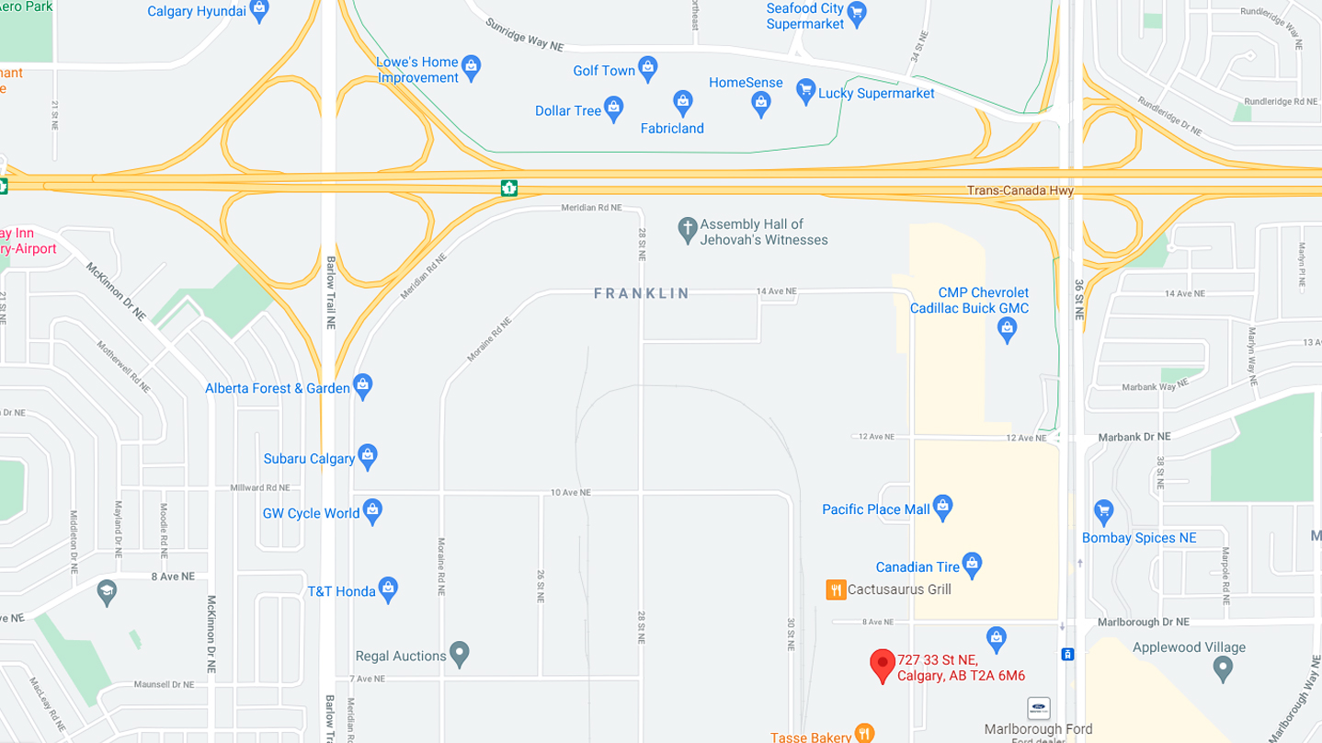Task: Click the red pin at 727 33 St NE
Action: coord(883,663)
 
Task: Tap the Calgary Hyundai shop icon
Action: coord(259,10)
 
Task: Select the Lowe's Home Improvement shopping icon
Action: coord(471,66)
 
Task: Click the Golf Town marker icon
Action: coord(648,68)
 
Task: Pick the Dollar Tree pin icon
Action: coord(614,108)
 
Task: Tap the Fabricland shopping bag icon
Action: coord(682,102)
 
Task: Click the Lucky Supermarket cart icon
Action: coord(806,90)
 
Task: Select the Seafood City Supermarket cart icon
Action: coord(857,12)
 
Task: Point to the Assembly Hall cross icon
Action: coord(687,229)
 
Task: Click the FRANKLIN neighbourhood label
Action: coord(641,293)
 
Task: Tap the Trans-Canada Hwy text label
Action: coord(1020,191)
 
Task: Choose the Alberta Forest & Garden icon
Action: coord(363,385)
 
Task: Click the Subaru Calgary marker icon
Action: coord(368,455)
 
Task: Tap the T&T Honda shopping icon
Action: coord(388,589)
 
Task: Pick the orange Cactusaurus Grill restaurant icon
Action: coord(836,589)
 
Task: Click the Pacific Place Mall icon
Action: coord(942,506)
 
